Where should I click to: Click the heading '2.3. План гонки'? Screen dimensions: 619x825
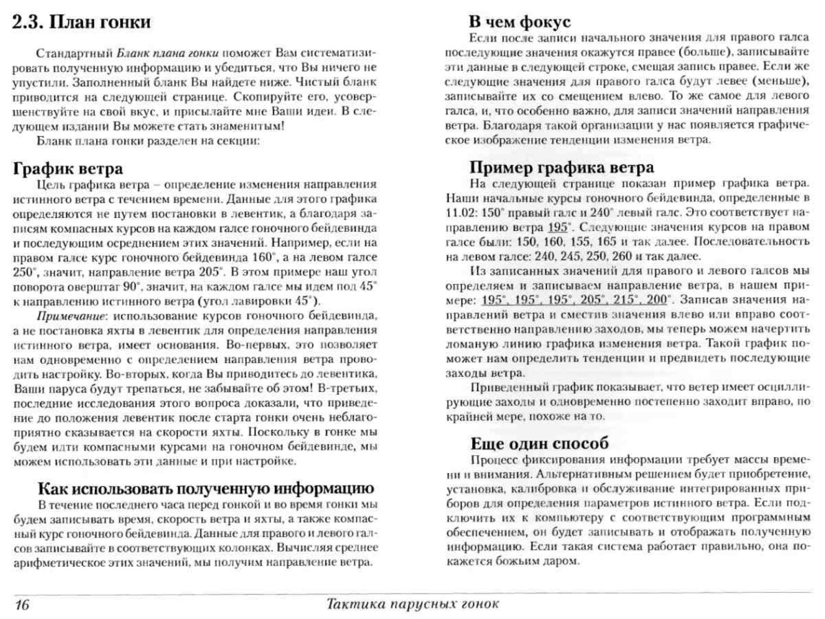(81, 22)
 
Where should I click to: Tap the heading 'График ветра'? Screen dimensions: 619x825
(68, 168)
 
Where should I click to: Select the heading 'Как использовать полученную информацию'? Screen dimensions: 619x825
(206, 488)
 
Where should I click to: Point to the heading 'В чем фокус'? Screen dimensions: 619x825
(519, 22)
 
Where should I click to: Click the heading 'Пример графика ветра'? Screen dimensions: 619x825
(562, 167)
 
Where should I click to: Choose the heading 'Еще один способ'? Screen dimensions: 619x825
(539, 443)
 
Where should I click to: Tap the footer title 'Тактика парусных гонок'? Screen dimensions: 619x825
(412, 604)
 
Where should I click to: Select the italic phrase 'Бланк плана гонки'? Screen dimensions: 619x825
(168, 53)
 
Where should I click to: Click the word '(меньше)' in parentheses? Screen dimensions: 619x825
(781, 81)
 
